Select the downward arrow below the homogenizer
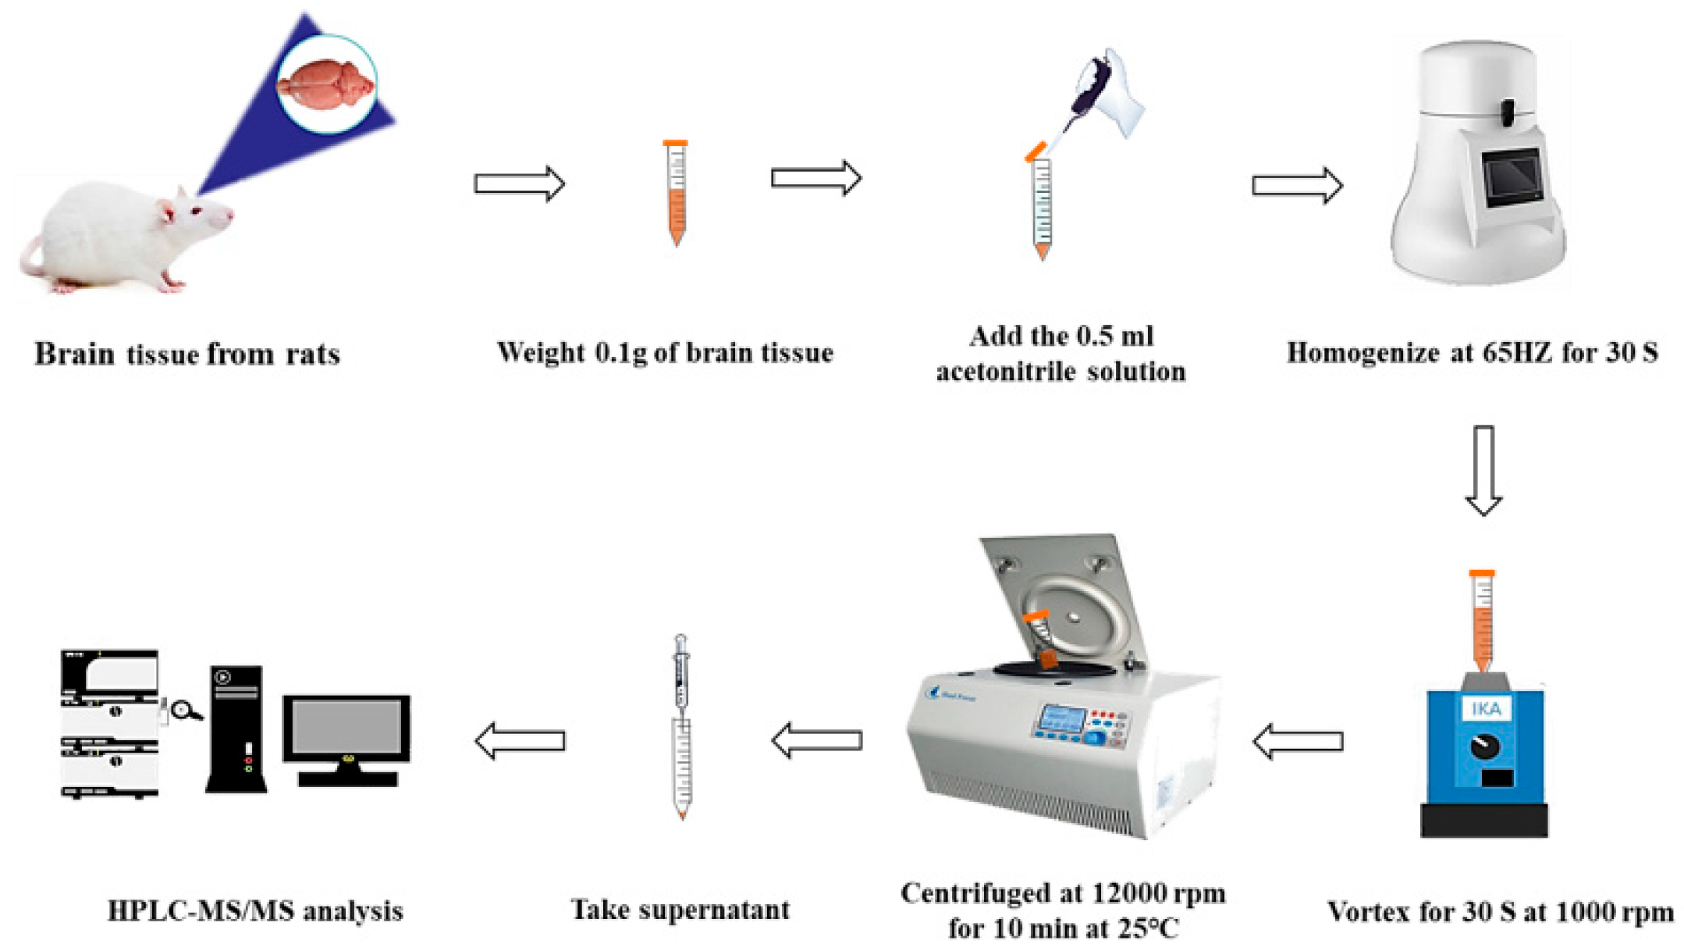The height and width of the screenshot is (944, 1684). coord(1483,469)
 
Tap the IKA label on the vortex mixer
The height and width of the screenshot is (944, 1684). coord(1485,709)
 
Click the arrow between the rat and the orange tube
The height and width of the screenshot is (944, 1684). coord(519,184)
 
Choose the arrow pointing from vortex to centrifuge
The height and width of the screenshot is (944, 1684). coord(1298,741)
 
